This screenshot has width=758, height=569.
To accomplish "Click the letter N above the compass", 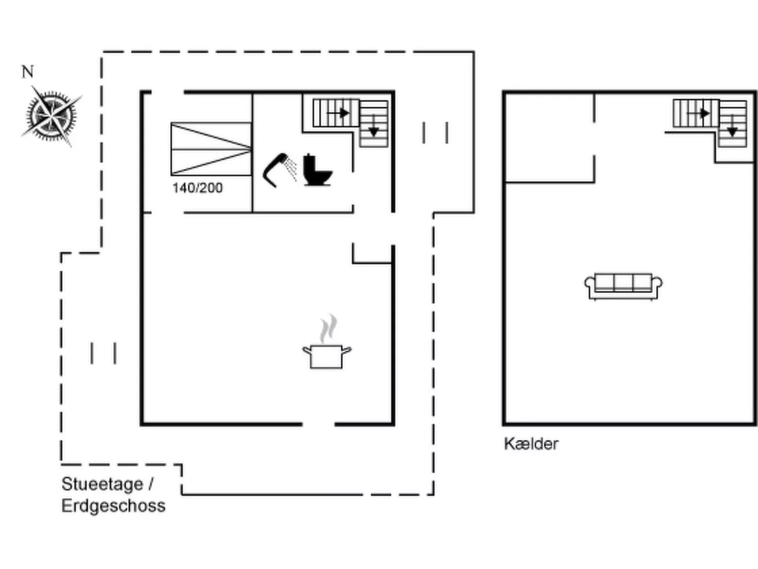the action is (28, 71).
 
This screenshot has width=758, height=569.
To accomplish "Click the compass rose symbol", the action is (51, 116).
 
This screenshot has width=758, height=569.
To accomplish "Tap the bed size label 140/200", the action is (198, 188).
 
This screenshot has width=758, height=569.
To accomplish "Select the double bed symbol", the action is (211, 149).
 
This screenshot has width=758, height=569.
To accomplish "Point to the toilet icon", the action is (318, 170).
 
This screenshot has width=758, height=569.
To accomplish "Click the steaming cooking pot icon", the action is (327, 341).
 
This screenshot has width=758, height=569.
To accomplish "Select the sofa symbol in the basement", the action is (623, 287).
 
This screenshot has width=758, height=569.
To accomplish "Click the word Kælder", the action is (531, 444).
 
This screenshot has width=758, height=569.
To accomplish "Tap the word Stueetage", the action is (102, 484).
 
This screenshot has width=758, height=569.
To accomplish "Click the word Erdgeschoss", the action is (114, 506).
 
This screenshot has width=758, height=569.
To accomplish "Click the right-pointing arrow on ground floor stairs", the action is (338, 113).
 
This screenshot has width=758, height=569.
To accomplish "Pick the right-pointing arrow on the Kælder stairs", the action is (698, 113).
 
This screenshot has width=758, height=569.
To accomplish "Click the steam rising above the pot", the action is (328, 328).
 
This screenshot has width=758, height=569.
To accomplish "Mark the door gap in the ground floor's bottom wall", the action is (319, 424).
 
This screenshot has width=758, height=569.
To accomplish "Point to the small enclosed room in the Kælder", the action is (550, 137).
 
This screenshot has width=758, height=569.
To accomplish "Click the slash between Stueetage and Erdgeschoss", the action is (151, 484).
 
